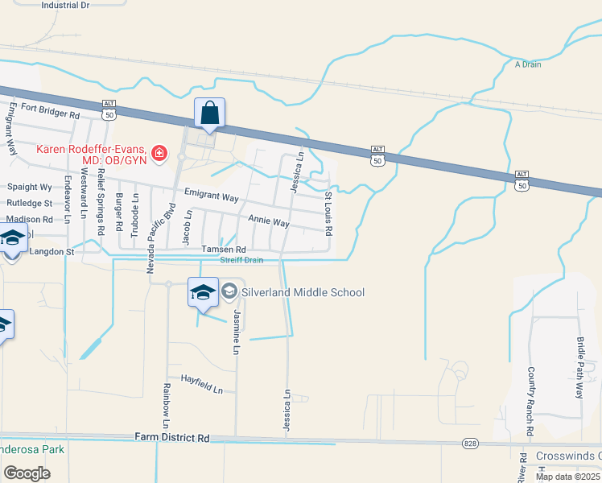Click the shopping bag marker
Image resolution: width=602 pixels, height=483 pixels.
pos(209,114)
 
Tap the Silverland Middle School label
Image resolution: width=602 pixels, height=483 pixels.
pos(303,292)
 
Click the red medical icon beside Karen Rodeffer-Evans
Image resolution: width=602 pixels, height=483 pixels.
pos(159,152)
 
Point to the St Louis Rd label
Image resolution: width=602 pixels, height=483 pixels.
pos(328,213)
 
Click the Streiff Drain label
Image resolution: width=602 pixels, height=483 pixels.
pos(242,260)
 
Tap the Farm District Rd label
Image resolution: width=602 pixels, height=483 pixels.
pos(172,438)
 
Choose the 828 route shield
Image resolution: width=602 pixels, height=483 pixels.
pos(471,444)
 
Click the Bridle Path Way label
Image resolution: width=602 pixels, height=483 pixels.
pos(579,368)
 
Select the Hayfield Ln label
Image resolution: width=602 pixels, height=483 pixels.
pos(201,383)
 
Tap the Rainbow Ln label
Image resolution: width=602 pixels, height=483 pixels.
pos(167,405)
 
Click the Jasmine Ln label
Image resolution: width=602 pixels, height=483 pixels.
pos(237,332)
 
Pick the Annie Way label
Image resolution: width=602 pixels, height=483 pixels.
pos(268,221)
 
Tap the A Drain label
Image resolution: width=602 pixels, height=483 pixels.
pos(528,64)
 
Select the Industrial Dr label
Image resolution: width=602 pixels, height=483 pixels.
pos(65,5)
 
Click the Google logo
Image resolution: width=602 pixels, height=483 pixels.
pos(27,473)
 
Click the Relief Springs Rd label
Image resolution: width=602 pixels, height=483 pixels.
pos(101,214)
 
